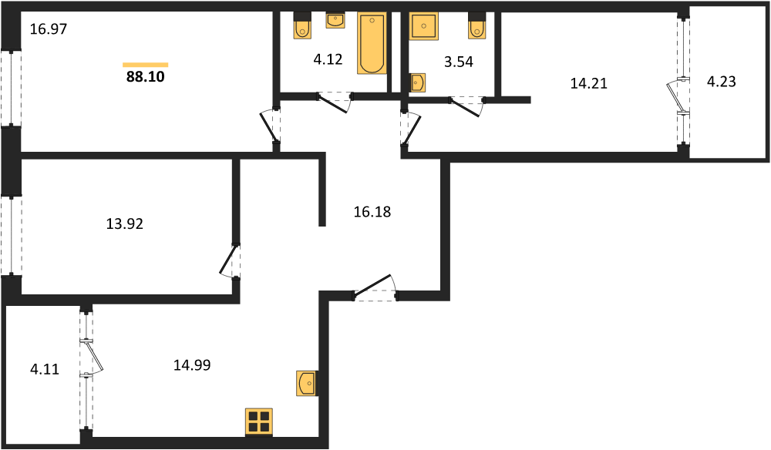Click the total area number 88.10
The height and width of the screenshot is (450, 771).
point(146,76)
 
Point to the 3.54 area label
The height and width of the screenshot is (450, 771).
point(459,62)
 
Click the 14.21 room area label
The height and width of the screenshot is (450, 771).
point(589,84)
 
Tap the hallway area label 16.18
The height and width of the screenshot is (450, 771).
point(372,211)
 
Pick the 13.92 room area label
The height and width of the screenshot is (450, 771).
point(125,224)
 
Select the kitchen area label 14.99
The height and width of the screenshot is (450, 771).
point(192,364)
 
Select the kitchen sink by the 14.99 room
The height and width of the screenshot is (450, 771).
point(307,383)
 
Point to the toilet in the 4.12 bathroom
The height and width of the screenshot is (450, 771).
point(301,29)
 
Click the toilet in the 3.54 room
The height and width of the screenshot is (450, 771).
point(477,29)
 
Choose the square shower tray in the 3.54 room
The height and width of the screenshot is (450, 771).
point(424,27)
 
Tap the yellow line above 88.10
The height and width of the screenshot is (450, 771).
point(146,65)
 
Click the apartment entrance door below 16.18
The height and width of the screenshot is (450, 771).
point(374,288)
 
